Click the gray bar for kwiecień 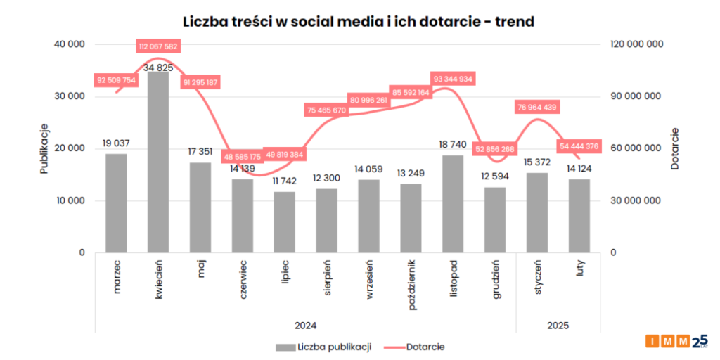coord(158,162)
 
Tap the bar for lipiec coord(285,221)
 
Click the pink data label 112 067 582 coord(158,46)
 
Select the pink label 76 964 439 coord(536,108)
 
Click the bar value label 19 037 coord(116,143)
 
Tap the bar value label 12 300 coord(326,179)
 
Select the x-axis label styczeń coord(538,277)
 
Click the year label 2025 coord(558,326)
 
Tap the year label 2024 coord(305,326)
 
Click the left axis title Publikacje coord(44,148)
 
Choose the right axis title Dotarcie coord(674,148)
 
